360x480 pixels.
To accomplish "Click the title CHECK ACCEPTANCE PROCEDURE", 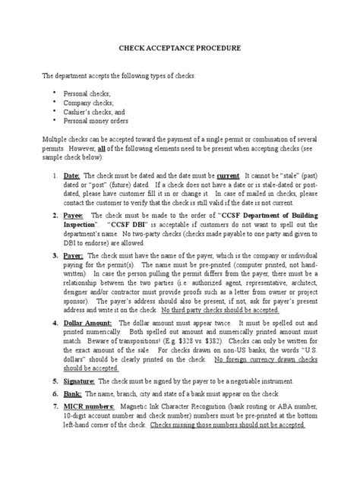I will pyautogui.click(x=179, y=48).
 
